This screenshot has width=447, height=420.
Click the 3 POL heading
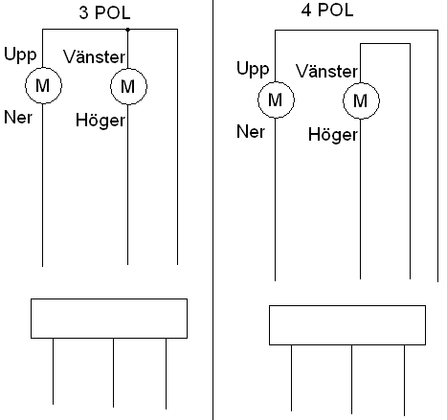104,12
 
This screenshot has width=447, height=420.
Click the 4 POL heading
327,10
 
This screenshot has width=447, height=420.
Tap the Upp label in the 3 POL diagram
20,55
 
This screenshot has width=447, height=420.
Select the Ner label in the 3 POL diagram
18,118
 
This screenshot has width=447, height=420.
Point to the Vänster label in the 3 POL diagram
94,56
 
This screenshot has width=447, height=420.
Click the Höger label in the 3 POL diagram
101,121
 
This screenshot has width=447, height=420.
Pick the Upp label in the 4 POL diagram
253,69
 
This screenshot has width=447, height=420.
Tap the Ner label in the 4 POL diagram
251,132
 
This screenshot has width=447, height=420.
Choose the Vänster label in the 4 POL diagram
326,71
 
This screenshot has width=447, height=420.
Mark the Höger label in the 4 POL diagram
333,135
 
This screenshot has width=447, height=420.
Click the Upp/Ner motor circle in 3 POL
43,67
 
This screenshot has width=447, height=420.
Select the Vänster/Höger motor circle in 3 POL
128,68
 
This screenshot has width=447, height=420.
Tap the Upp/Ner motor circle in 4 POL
276,82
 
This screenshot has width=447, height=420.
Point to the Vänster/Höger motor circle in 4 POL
361,83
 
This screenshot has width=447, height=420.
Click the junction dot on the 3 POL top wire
127,30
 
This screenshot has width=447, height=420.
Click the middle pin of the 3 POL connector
113,373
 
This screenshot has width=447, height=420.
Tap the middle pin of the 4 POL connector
352,380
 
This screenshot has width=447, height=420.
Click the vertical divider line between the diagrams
212,210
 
